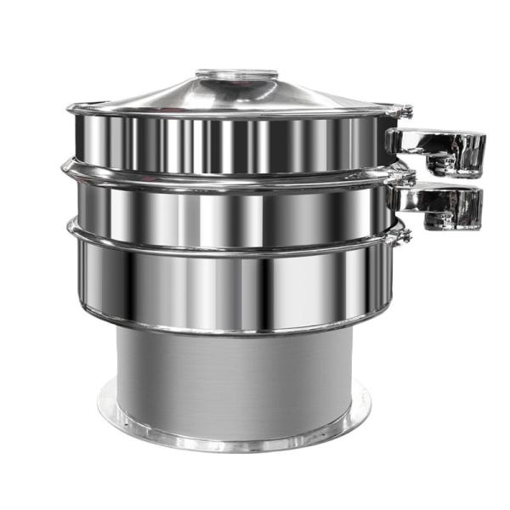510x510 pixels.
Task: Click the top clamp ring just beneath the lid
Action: [229, 113]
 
